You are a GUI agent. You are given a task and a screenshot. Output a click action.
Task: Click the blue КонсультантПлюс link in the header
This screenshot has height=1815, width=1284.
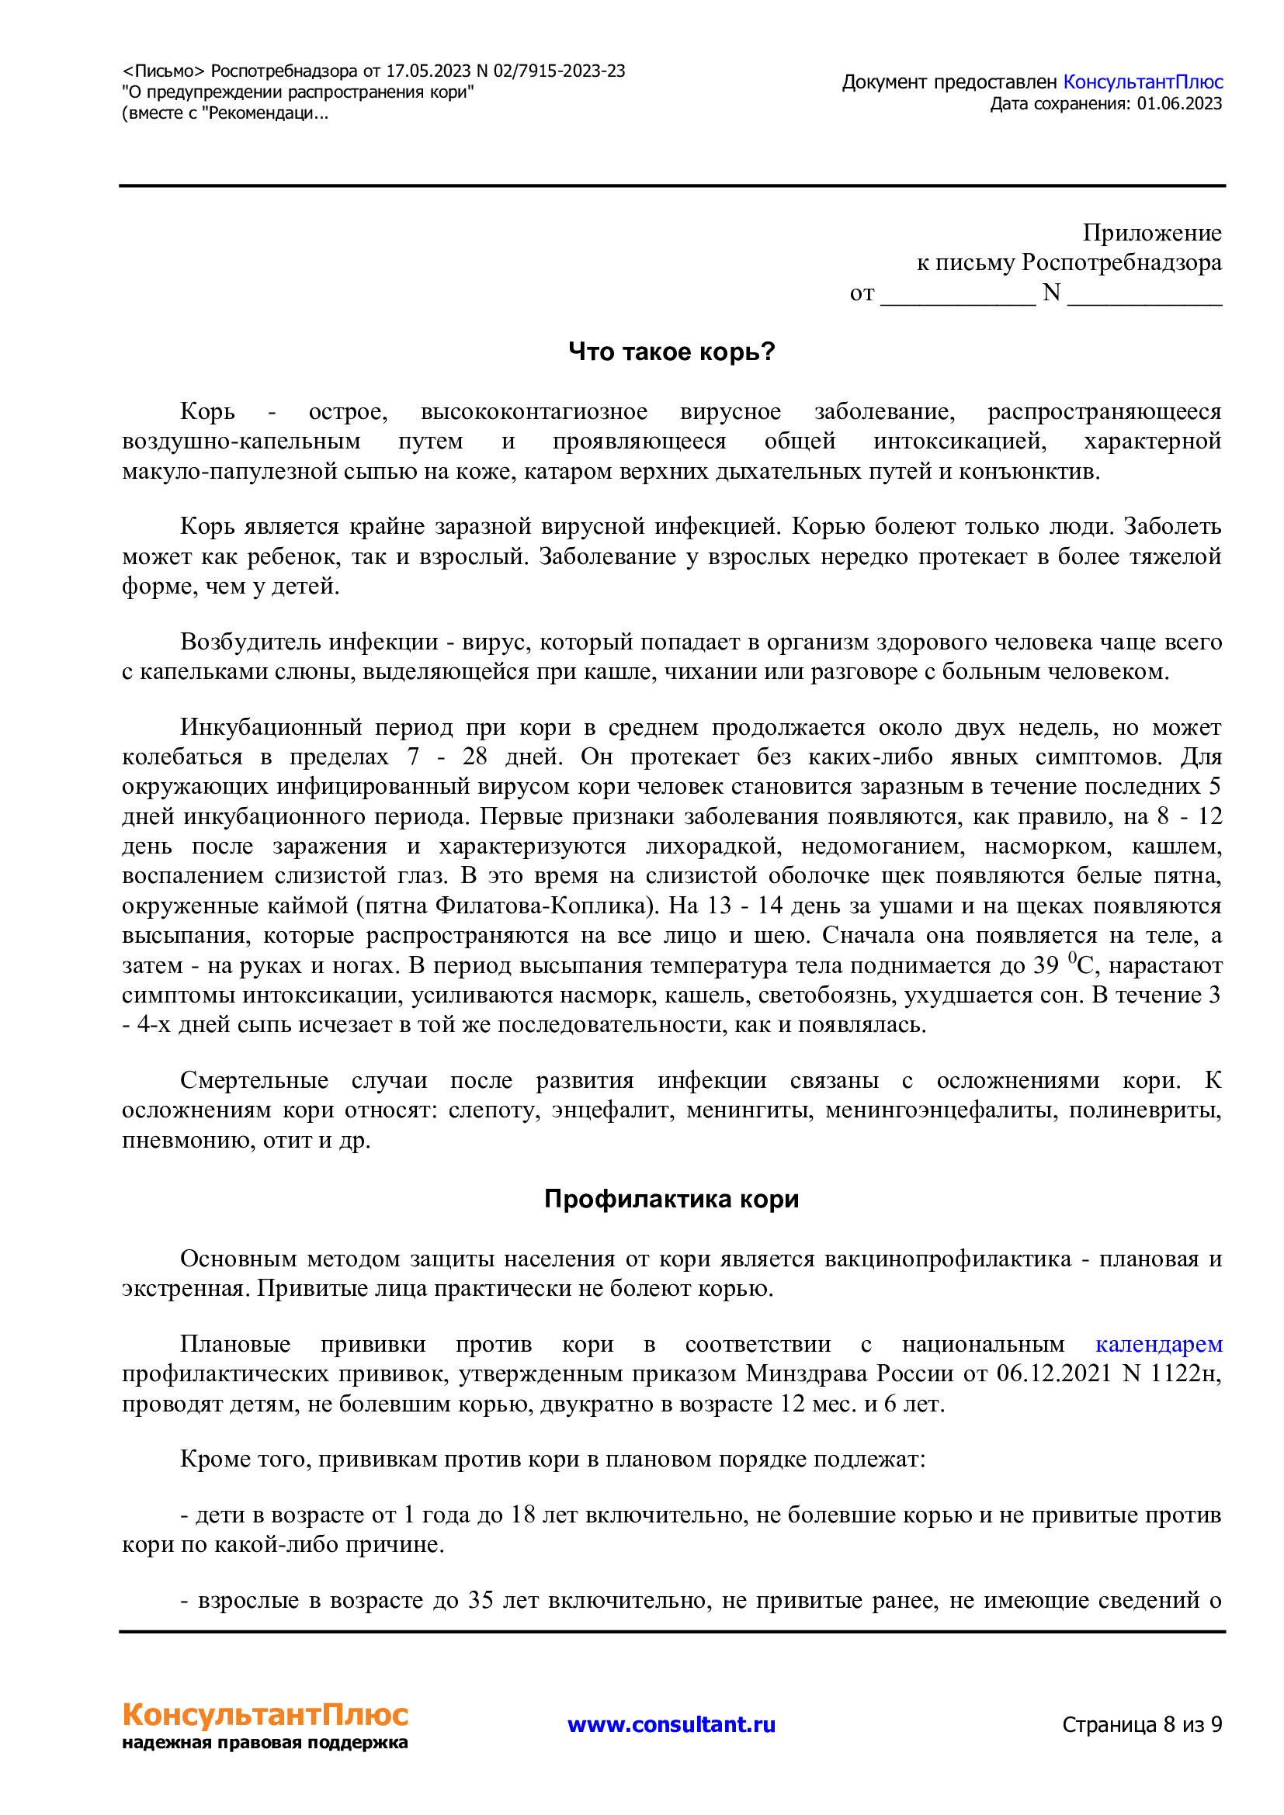1143,82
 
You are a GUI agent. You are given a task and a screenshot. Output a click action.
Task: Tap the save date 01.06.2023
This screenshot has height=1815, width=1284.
1179,103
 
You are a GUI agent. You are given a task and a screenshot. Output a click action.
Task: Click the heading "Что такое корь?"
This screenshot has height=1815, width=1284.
671,352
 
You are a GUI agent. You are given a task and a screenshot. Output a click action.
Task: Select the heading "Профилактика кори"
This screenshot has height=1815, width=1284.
671,1198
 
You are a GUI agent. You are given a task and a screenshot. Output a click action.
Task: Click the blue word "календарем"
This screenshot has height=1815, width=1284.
1158,1344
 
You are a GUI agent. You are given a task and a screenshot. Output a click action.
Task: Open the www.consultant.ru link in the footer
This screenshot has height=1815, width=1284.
671,1724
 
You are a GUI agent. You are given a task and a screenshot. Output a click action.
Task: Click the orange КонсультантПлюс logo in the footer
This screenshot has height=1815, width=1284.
265,1716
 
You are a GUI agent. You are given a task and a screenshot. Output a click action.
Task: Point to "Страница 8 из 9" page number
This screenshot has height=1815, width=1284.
1142,1724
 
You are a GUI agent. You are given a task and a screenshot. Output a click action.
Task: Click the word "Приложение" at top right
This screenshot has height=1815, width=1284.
1152,233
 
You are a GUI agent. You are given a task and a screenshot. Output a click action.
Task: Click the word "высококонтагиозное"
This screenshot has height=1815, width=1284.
533,411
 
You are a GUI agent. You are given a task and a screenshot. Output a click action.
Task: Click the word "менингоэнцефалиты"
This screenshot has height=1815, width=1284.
939,1110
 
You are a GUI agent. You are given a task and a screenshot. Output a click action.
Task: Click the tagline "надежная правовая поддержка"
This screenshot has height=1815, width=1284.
265,1743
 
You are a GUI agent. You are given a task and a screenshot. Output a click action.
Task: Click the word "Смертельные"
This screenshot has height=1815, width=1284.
254,1080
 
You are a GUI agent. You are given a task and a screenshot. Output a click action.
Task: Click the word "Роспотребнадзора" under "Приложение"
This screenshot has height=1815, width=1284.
1121,262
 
